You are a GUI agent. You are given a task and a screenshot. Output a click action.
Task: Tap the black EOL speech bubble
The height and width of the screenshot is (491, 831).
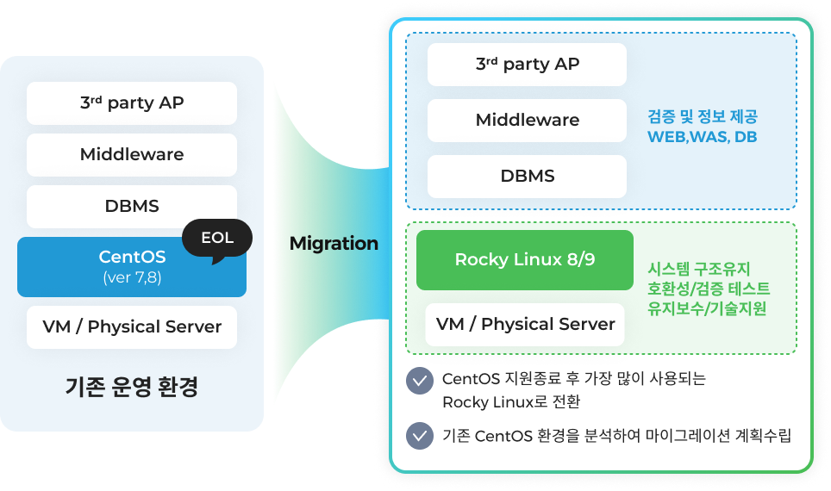tap(217, 239)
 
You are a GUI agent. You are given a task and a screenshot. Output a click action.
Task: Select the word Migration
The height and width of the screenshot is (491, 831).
tap(334, 244)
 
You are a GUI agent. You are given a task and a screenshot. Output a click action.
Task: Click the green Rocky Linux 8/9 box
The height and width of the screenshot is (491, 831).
tap(524, 260)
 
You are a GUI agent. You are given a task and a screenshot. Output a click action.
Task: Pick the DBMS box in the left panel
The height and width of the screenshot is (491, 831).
tap(132, 207)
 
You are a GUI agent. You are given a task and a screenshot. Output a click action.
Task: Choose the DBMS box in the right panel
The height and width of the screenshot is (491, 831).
tap(528, 177)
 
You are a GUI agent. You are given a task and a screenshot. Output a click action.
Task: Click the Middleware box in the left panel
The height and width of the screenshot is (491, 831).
tap(132, 155)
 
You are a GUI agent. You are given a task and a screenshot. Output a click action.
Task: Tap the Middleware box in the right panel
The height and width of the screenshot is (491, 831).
tap(528, 121)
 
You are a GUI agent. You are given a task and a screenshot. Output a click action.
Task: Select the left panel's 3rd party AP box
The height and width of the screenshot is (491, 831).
tap(132, 103)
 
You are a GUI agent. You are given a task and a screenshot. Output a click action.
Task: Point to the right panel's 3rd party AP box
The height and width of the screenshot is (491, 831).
tap(528, 65)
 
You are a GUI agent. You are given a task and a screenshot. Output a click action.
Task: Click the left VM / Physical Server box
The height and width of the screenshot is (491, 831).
tap(132, 327)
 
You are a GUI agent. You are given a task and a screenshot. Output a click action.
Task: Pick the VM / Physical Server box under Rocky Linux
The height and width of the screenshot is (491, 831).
tap(525, 325)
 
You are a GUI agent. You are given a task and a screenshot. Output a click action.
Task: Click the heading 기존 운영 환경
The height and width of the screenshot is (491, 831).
tap(132, 387)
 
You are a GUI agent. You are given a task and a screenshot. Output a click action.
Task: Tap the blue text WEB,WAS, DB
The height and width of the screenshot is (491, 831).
tap(702, 137)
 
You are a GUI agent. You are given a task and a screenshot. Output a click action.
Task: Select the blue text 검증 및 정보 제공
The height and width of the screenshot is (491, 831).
tap(702, 116)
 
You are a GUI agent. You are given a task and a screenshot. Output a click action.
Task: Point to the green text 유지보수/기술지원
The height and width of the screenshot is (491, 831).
tap(708, 308)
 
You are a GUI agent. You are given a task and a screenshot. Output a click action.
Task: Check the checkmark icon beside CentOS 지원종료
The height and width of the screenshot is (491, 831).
tap(420, 381)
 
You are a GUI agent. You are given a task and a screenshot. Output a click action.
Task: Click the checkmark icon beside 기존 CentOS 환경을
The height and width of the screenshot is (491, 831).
tap(420, 436)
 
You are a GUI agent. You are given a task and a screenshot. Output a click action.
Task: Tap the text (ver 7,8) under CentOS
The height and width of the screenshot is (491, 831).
tap(132, 278)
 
